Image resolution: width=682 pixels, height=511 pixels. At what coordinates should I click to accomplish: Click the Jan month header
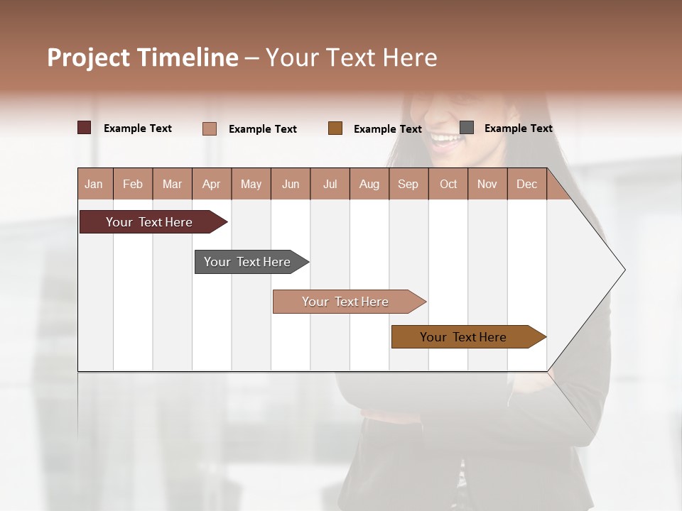pos(94,184)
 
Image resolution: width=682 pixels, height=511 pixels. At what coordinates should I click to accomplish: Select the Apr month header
pos(211,184)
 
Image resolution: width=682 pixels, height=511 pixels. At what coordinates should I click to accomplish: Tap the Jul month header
pos(330,184)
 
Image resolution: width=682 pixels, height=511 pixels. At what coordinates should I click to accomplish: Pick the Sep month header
pos(408,184)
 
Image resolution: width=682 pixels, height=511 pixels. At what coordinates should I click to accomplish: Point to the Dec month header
pos(526,184)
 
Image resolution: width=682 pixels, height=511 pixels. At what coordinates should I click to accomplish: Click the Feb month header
pos(133,184)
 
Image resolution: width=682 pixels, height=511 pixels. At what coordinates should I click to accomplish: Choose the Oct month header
pos(448,184)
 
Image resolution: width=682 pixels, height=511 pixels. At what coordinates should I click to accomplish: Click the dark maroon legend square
pos(84,128)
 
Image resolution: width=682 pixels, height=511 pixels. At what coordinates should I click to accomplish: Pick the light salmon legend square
pos(209,128)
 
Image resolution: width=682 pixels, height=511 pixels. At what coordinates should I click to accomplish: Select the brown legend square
pos(335,128)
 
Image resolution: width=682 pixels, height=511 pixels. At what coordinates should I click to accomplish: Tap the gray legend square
pos(467,128)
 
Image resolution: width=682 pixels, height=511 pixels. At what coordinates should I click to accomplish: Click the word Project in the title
pos(89,58)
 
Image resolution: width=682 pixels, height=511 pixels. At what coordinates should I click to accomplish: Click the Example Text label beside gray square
pos(518,128)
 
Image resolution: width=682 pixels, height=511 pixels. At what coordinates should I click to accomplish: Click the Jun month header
pos(290,184)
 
